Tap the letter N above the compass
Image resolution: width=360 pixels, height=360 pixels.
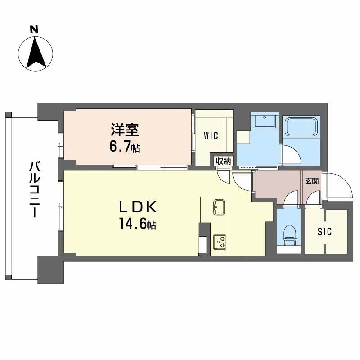pyautogui.click(x=33, y=30)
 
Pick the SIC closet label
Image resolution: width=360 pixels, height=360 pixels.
pyautogui.click(x=324, y=232)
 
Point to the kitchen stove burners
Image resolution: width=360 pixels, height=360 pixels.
pyautogui.click(x=220, y=242)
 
